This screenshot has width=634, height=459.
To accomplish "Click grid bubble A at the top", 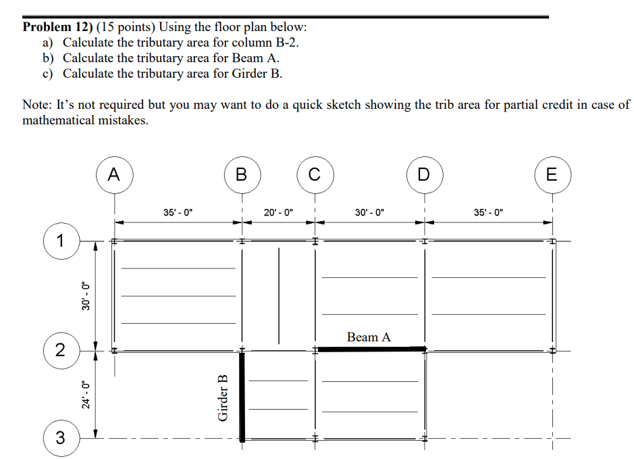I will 114,174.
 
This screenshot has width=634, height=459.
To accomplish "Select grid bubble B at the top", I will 242,174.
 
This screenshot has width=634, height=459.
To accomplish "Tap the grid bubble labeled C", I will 314,174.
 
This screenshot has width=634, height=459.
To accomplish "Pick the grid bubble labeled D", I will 423,174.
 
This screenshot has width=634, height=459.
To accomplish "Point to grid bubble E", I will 552,174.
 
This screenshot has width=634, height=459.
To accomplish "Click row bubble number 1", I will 61,240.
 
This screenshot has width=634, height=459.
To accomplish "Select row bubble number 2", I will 61,350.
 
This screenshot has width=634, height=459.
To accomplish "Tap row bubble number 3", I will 61,439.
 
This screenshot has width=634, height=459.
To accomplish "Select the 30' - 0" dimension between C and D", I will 369,212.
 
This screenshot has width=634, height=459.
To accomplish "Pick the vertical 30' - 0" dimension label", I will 84,295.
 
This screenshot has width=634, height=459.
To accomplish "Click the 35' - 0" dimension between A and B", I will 178,212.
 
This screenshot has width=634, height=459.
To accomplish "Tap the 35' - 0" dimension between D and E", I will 488,212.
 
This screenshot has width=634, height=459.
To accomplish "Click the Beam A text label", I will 369,337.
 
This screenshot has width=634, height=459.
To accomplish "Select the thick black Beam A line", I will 371,349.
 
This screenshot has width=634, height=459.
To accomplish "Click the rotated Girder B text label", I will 223,398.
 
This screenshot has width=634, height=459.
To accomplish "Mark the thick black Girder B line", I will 242,395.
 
